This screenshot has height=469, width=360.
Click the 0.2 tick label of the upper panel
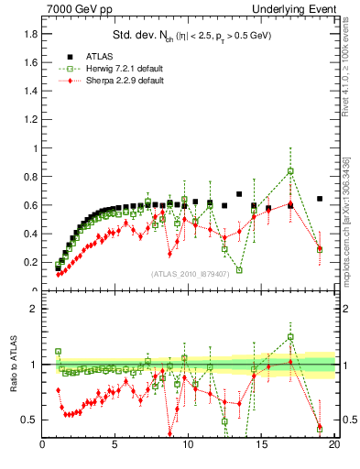click(x=29, y=262)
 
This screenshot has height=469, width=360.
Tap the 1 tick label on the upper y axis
click(x=33, y=148)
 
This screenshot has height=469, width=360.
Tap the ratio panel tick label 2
click(x=34, y=309)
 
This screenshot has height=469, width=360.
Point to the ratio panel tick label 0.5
click(x=29, y=420)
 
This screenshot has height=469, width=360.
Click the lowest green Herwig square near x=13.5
click(x=239, y=270)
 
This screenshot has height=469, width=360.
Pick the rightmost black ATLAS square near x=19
click(x=320, y=199)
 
